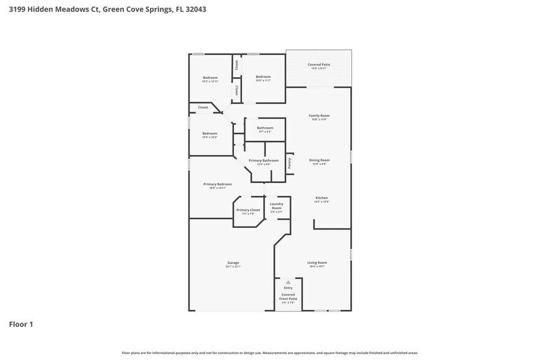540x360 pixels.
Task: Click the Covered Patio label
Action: [x=318, y=64]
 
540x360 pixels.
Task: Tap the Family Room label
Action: [x=320, y=116]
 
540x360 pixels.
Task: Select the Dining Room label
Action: [x=320, y=160]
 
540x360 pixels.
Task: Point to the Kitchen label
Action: [x=321, y=198]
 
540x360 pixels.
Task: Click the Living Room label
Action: [x=317, y=263]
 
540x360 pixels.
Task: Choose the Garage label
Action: [x=233, y=263]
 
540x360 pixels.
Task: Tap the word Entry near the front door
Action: [x=288, y=287]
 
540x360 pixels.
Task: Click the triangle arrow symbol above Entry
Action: [x=288, y=282]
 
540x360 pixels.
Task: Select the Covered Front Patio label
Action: [x=288, y=296]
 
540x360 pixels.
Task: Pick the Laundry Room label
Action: [x=276, y=206]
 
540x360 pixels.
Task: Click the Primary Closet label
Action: [x=248, y=210]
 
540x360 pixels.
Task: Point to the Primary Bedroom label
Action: [x=217, y=184]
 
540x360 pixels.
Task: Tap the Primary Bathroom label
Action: [x=263, y=160]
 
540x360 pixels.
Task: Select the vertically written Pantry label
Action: [x=290, y=163]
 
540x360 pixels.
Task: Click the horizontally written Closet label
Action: [x=203, y=107]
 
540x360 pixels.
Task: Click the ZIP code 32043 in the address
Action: [x=194, y=9]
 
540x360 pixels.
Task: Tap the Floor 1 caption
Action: [x=21, y=324]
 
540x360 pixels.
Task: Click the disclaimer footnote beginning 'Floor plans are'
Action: [x=269, y=353]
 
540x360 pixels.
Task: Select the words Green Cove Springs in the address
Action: [x=135, y=9]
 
